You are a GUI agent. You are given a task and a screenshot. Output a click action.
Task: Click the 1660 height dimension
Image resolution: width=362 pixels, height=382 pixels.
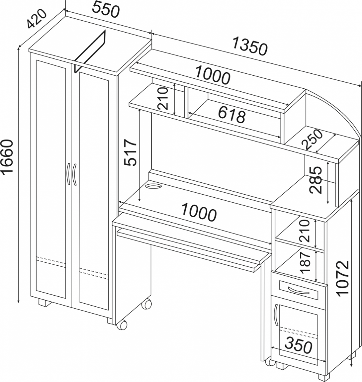(7, 157)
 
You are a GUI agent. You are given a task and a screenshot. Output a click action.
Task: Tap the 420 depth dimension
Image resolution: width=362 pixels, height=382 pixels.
(36, 19)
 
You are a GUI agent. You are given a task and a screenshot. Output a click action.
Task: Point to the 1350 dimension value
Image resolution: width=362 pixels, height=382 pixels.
(250, 46)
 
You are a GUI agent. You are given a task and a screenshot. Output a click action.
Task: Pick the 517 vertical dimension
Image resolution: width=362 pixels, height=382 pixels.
(131, 152)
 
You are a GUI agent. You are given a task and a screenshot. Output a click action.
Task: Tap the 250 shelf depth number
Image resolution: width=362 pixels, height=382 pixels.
(312, 139)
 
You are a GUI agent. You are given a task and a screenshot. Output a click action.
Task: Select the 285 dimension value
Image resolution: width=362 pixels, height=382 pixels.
(316, 180)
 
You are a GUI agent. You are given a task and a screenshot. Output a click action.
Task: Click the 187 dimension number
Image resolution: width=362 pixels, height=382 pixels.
(306, 263)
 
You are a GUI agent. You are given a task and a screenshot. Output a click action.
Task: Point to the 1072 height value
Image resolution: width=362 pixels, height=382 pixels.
(343, 278)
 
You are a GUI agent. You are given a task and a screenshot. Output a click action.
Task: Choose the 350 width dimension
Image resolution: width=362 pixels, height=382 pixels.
(298, 345)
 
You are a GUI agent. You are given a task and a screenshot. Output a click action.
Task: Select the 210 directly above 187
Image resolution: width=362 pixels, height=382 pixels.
(304, 231)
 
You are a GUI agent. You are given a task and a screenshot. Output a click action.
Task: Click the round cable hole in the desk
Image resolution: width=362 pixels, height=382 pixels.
(153, 187)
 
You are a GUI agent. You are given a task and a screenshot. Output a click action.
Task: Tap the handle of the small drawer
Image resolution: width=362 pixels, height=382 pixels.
(298, 290)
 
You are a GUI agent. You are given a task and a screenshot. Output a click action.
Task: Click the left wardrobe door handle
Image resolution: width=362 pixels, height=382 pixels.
(68, 174)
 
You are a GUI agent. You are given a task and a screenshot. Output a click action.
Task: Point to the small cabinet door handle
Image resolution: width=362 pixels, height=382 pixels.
(276, 315)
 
